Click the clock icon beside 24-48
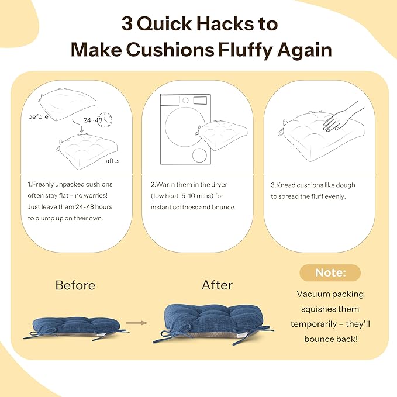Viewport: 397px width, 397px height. click(x=105, y=120)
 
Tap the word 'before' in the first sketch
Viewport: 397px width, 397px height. click(x=38, y=116)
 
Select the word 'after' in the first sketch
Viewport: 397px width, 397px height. click(x=113, y=161)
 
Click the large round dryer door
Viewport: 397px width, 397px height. click(x=185, y=127)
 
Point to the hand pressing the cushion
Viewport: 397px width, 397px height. click(x=342, y=117)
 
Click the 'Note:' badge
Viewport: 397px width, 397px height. click(x=330, y=272)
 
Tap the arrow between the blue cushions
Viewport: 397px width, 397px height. click(x=137, y=323)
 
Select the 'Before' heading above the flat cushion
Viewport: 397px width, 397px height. click(x=75, y=285)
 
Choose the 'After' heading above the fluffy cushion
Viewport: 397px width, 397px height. click(x=217, y=285)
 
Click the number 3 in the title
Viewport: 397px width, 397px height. click(x=127, y=24)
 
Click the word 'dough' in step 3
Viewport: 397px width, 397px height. click(x=346, y=185)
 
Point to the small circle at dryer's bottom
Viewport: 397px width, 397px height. click(x=199, y=155)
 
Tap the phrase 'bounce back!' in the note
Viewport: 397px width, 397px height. click(x=331, y=339)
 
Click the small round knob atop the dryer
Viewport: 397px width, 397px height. click(x=185, y=100)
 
